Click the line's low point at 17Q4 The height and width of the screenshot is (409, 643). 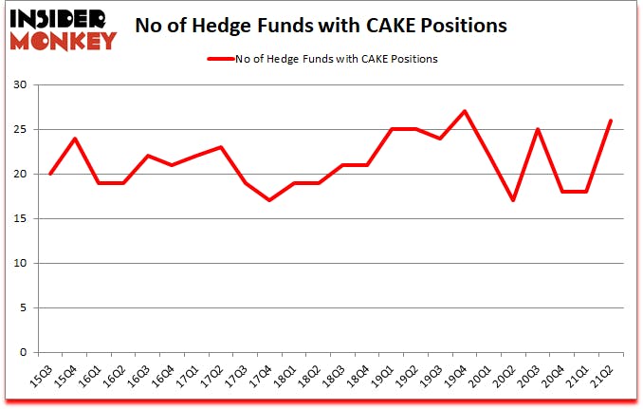click(269, 200)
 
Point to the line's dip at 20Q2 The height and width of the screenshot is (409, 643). click(512, 200)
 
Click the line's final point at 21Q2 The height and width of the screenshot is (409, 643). click(610, 121)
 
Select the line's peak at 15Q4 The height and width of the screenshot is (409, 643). click(74, 139)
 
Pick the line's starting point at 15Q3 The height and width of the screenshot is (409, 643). click(50, 174)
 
